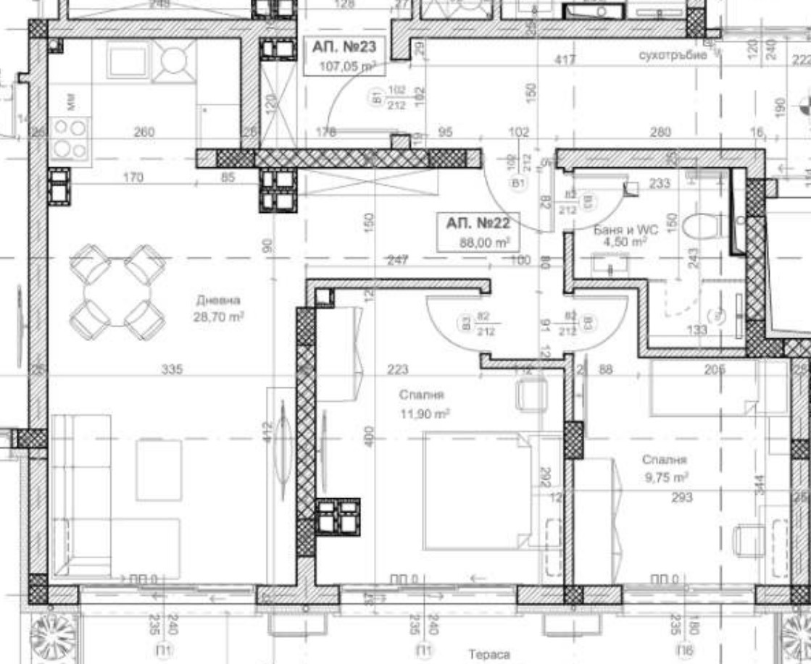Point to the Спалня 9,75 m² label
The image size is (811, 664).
(x=664, y=468)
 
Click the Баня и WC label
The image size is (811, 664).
(x=625, y=235)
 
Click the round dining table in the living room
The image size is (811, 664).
(x=117, y=292)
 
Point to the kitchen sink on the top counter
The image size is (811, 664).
(x=128, y=60)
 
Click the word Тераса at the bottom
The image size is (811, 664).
(x=489, y=655)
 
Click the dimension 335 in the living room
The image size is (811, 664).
(x=172, y=370)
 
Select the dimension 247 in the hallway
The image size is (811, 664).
(x=396, y=260)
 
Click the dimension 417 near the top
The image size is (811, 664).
(x=565, y=61)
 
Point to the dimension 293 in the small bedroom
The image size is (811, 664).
(x=682, y=497)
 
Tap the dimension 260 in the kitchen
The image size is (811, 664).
(x=145, y=133)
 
